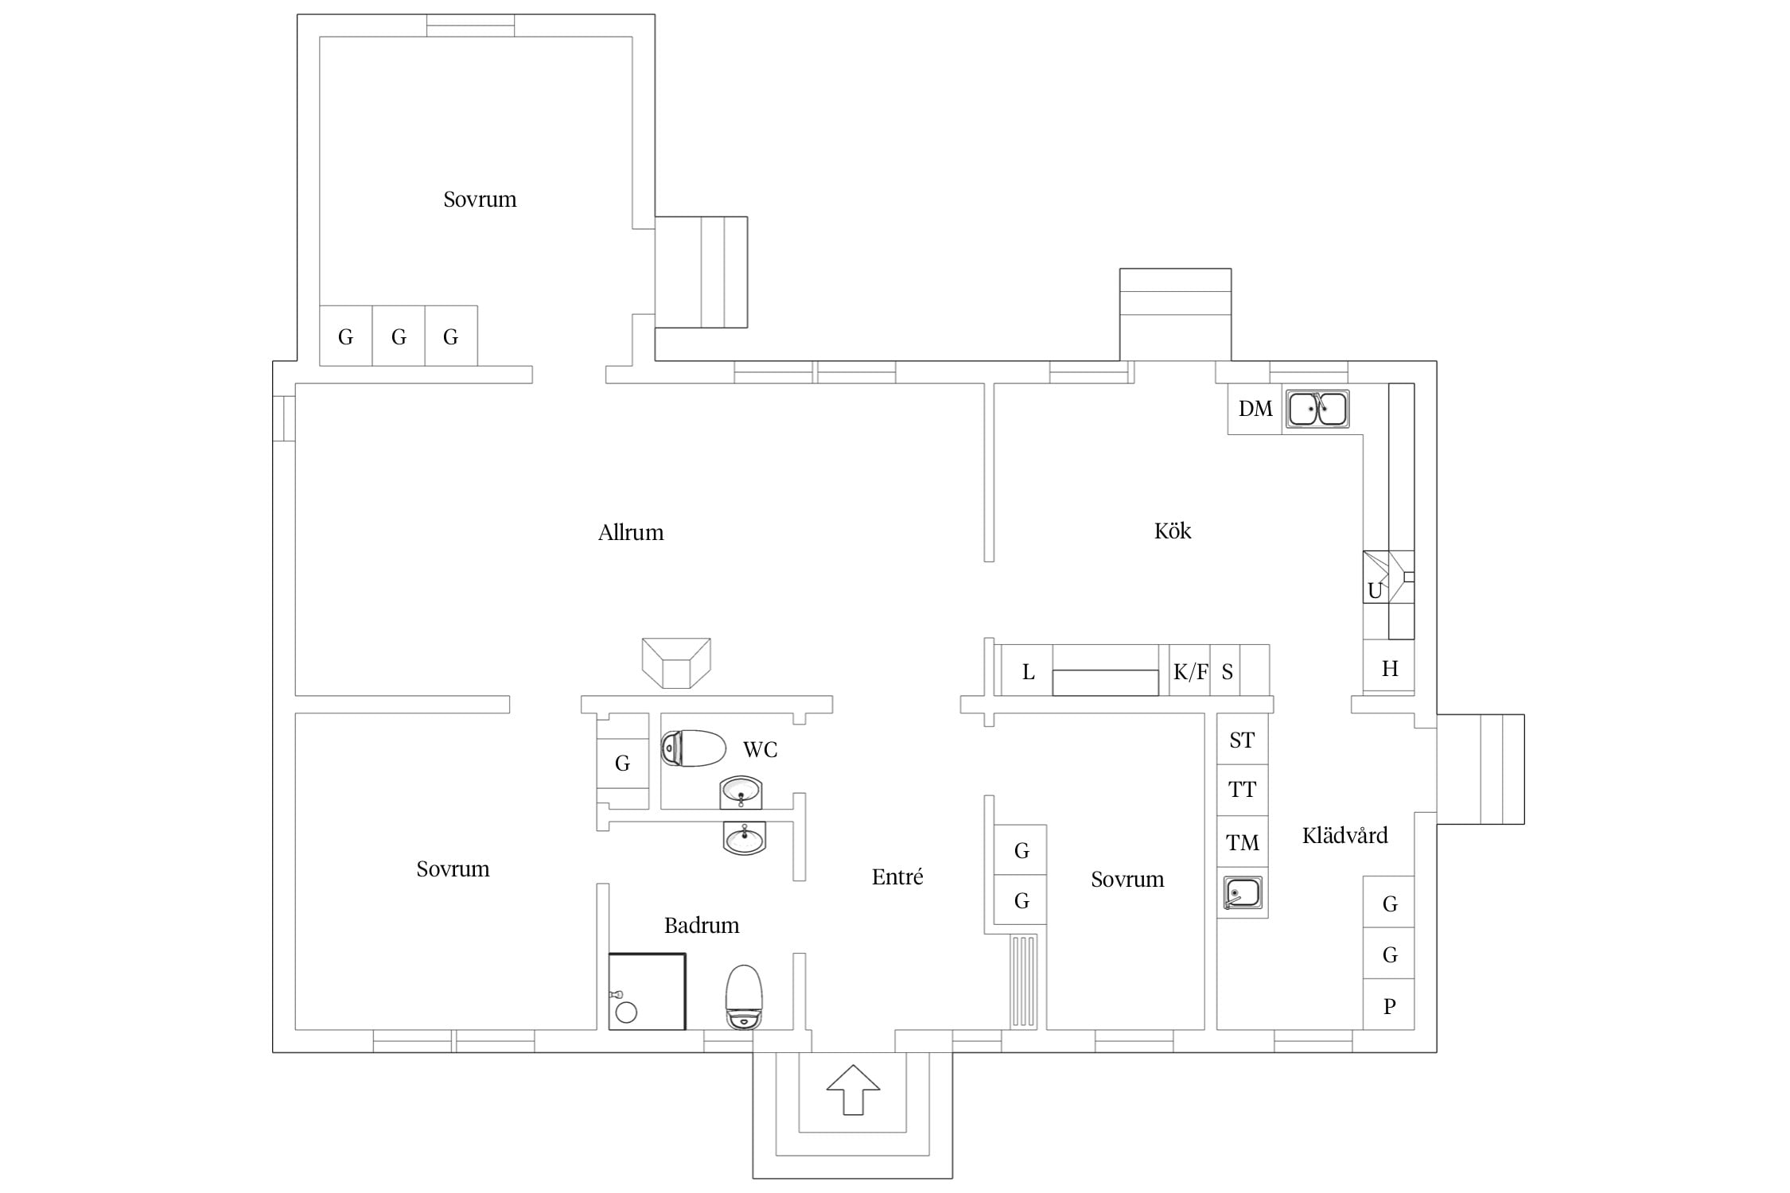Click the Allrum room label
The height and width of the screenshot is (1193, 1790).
pyautogui.click(x=630, y=532)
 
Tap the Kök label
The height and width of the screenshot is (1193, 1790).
pyautogui.click(x=1172, y=530)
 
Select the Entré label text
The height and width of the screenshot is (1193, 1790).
pyautogui.click(x=897, y=876)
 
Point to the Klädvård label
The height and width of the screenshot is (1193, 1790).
pyautogui.click(x=1344, y=835)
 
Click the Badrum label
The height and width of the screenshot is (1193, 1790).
pyautogui.click(x=701, y=925)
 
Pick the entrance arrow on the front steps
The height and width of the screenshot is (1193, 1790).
pyautogui.click(x=853, y=1089)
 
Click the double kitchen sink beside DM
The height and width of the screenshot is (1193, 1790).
pyautogui.click(x=1317, y=409)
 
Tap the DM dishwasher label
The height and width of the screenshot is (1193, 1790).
pyautogui.click(x=1255, y=409)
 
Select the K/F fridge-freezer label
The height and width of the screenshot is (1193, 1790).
pyautogui.click(x=1190, y=672)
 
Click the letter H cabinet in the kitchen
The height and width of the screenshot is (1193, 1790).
pyautogui.click(x=1389, y=668)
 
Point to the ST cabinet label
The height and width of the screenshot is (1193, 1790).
pyautogui.click(x=1241, y=740)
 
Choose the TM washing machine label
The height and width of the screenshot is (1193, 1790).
pyautogui.click(x=1242, y=842)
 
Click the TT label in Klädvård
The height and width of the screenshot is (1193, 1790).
pyautogui.click(x=1241, y=790)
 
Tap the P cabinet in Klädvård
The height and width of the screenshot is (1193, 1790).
pyautogui.click(x=1389, y=1005)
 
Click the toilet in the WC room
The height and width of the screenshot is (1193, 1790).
pyautogui.click(x=693, y=748)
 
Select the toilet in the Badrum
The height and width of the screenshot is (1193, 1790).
pyautogui.click(x=744, y=997)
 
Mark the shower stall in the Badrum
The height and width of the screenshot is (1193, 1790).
pyautogui.click(x=647, y=992)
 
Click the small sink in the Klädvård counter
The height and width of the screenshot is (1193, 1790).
pyautogui.click(x=1242, y=893)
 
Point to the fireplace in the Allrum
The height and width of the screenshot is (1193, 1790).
pyautogui.click(x=676, y=663)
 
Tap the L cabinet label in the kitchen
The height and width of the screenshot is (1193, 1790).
pyautogui.click(x=1028, y=672)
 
